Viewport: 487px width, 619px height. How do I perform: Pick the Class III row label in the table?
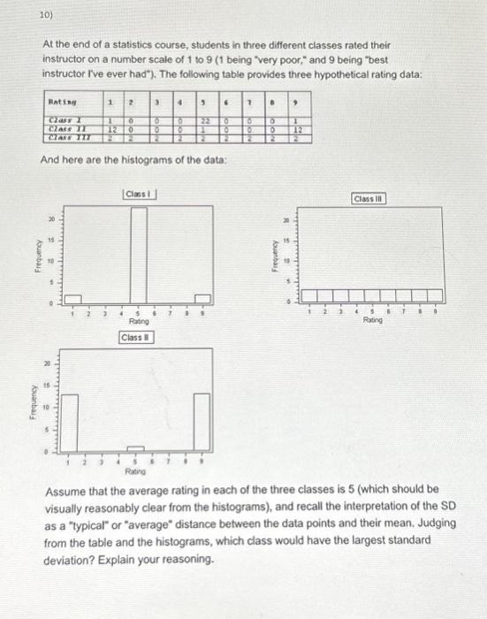67,137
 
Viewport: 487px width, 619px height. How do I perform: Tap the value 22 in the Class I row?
202,120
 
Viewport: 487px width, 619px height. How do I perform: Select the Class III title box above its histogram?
367,200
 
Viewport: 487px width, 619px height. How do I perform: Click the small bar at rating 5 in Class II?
135,450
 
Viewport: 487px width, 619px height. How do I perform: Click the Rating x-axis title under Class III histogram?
373,321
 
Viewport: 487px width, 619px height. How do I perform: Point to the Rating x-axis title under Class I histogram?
136,323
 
